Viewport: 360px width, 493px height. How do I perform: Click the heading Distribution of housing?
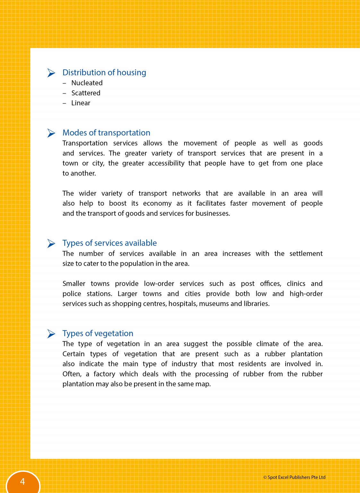[104, 73]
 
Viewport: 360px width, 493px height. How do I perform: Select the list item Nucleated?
[87, 83]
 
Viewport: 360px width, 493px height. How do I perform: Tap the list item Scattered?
[86, 93]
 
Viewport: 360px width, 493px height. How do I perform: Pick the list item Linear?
[81, 103]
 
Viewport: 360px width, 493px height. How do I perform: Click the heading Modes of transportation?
[106, 133]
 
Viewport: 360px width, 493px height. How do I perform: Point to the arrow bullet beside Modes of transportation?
[51, 133]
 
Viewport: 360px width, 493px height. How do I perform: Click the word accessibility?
[166, 163]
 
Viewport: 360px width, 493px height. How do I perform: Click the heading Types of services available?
[109, 243]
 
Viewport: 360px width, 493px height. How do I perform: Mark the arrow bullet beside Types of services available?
[51, 243]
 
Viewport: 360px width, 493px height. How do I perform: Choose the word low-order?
[159, 284]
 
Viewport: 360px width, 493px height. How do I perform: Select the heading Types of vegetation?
[98, 333]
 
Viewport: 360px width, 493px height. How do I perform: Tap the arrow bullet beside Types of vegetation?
[51, 334]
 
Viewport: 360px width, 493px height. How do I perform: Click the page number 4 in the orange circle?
[22, 481]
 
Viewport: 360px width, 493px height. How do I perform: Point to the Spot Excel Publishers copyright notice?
[294, 477]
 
